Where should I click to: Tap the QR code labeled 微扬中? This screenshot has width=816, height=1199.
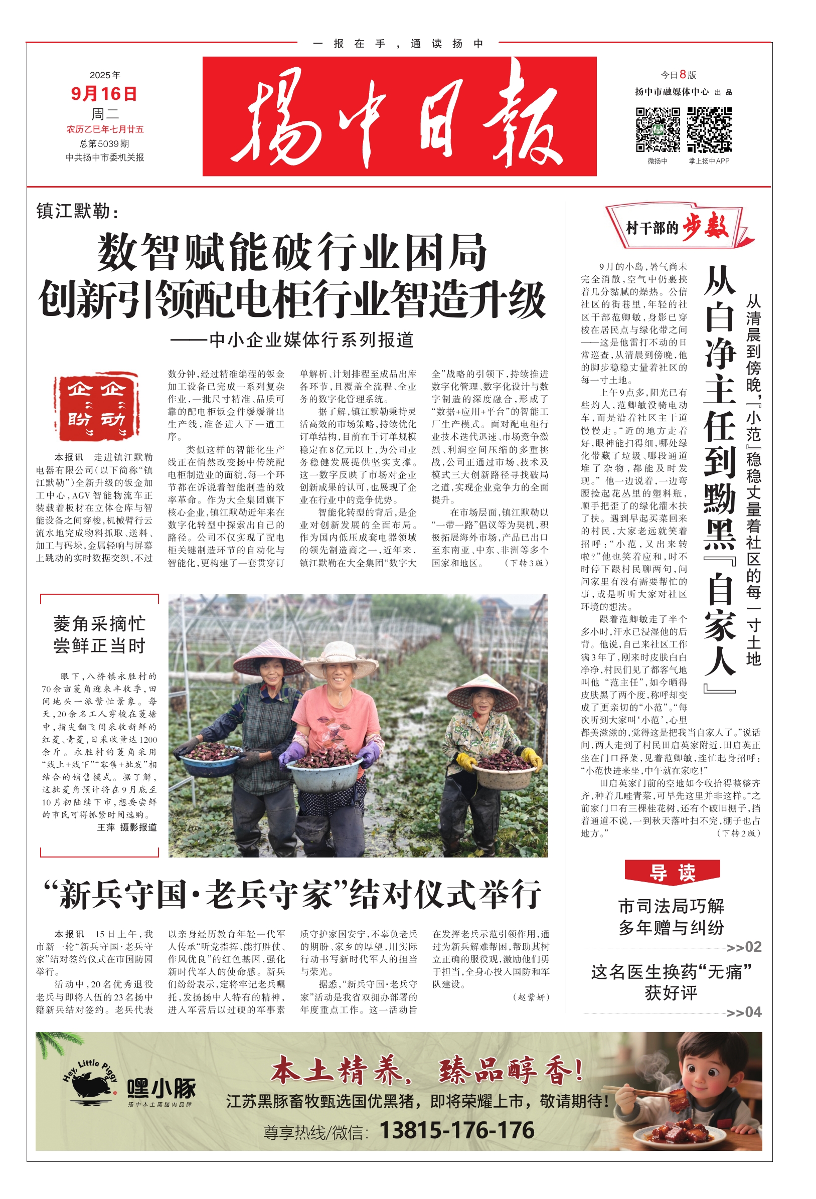pos(657,129)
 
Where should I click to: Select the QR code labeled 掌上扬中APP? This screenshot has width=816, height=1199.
pos(709,129)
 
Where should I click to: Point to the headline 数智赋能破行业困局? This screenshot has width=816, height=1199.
pos(292,253)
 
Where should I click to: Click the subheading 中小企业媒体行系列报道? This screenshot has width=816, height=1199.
pos(292,340)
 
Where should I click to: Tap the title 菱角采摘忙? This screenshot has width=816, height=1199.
pos(99,624)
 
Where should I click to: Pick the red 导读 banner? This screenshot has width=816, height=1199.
pos(672,873)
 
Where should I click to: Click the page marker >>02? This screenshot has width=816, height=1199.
pos(743,947)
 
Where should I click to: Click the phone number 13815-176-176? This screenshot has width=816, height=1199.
pos(456,1130)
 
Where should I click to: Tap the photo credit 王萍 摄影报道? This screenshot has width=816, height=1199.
pos(127,827)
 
